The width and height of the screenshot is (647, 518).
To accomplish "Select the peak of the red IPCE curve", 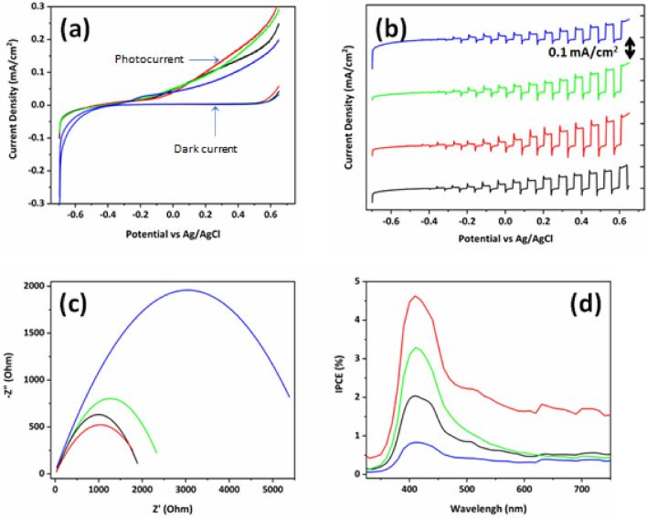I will [x=416, y=296].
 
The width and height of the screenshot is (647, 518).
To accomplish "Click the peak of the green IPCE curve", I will [x=417, y=348].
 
